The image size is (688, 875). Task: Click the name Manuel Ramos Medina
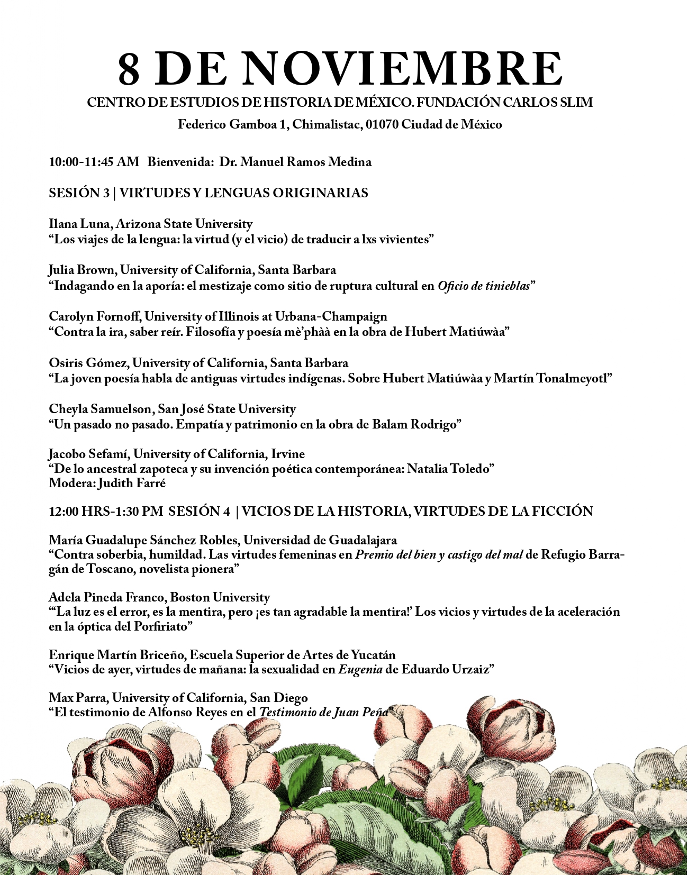(x=295, y=162)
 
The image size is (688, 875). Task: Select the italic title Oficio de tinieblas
(x=484, y=286)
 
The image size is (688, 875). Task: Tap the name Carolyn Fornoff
(x=94, y=317)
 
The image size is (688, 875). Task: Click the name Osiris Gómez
(x=87, y=363)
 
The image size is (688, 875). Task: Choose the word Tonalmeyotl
(x=571, y=379)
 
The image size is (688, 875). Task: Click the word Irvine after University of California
(x=288, y=454)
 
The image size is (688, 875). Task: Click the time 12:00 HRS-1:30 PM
(x=106, y=512)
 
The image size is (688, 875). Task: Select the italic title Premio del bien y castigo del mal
(x=439, y=555)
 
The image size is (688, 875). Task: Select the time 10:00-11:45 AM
(x=94, y=162)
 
